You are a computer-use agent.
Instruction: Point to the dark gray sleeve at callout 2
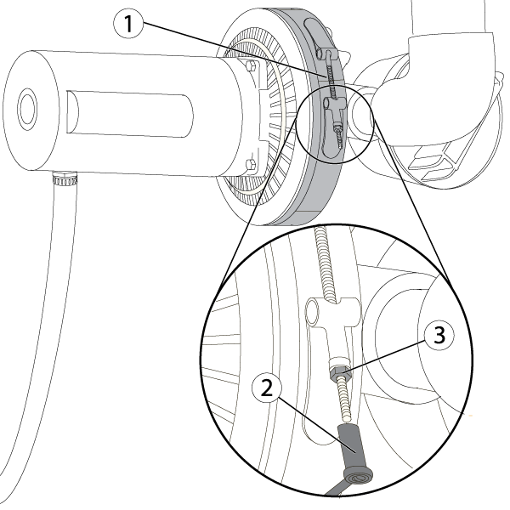point(351,443)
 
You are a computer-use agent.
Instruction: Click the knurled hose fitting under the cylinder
point(63,179)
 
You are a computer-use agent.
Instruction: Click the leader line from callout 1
point(229,52)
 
